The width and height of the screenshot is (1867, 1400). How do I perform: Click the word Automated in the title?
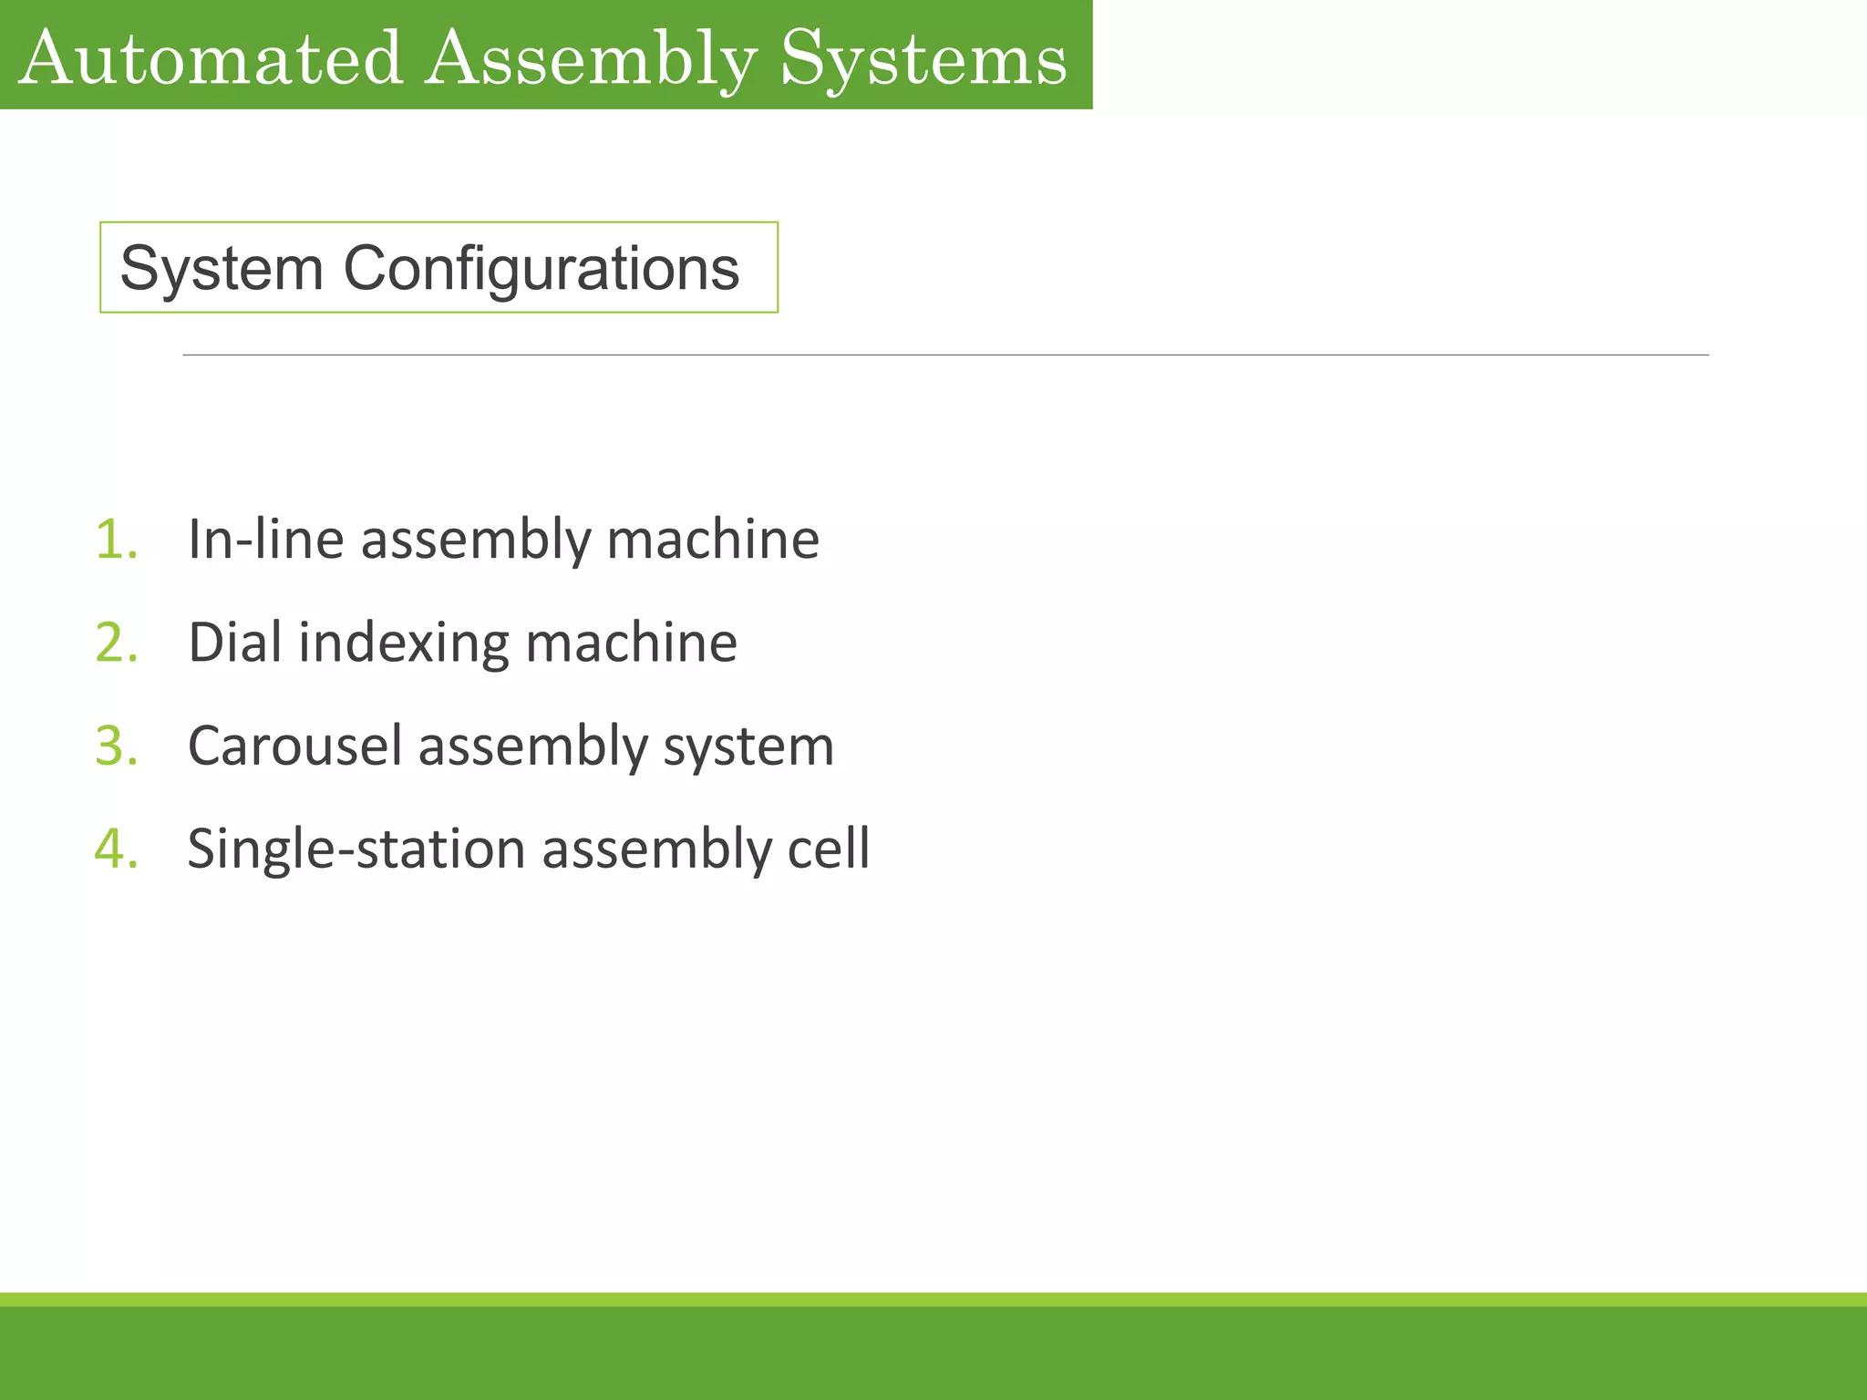(x=211, y=58)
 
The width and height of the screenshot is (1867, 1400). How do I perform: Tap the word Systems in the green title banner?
(x=923, y=58)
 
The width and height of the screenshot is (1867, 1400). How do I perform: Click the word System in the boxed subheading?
(x=222, y=269)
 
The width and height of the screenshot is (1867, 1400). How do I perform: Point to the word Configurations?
(x=541, y=269)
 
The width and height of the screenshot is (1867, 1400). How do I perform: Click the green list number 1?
(x=117, y=539)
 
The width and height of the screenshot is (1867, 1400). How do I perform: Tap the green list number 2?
(x=117, y=643)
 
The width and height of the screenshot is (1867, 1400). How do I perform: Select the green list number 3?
(x=117, y=746)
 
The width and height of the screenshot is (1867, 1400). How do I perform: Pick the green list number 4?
(x=117, y=849)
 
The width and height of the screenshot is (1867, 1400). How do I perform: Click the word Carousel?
(x=294, y=746)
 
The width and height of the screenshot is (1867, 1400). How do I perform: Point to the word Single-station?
(x=356, y=849)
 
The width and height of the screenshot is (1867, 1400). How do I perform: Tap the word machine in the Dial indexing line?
(x=631, y=643)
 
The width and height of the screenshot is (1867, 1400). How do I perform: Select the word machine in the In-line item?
(x=713, y=539)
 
